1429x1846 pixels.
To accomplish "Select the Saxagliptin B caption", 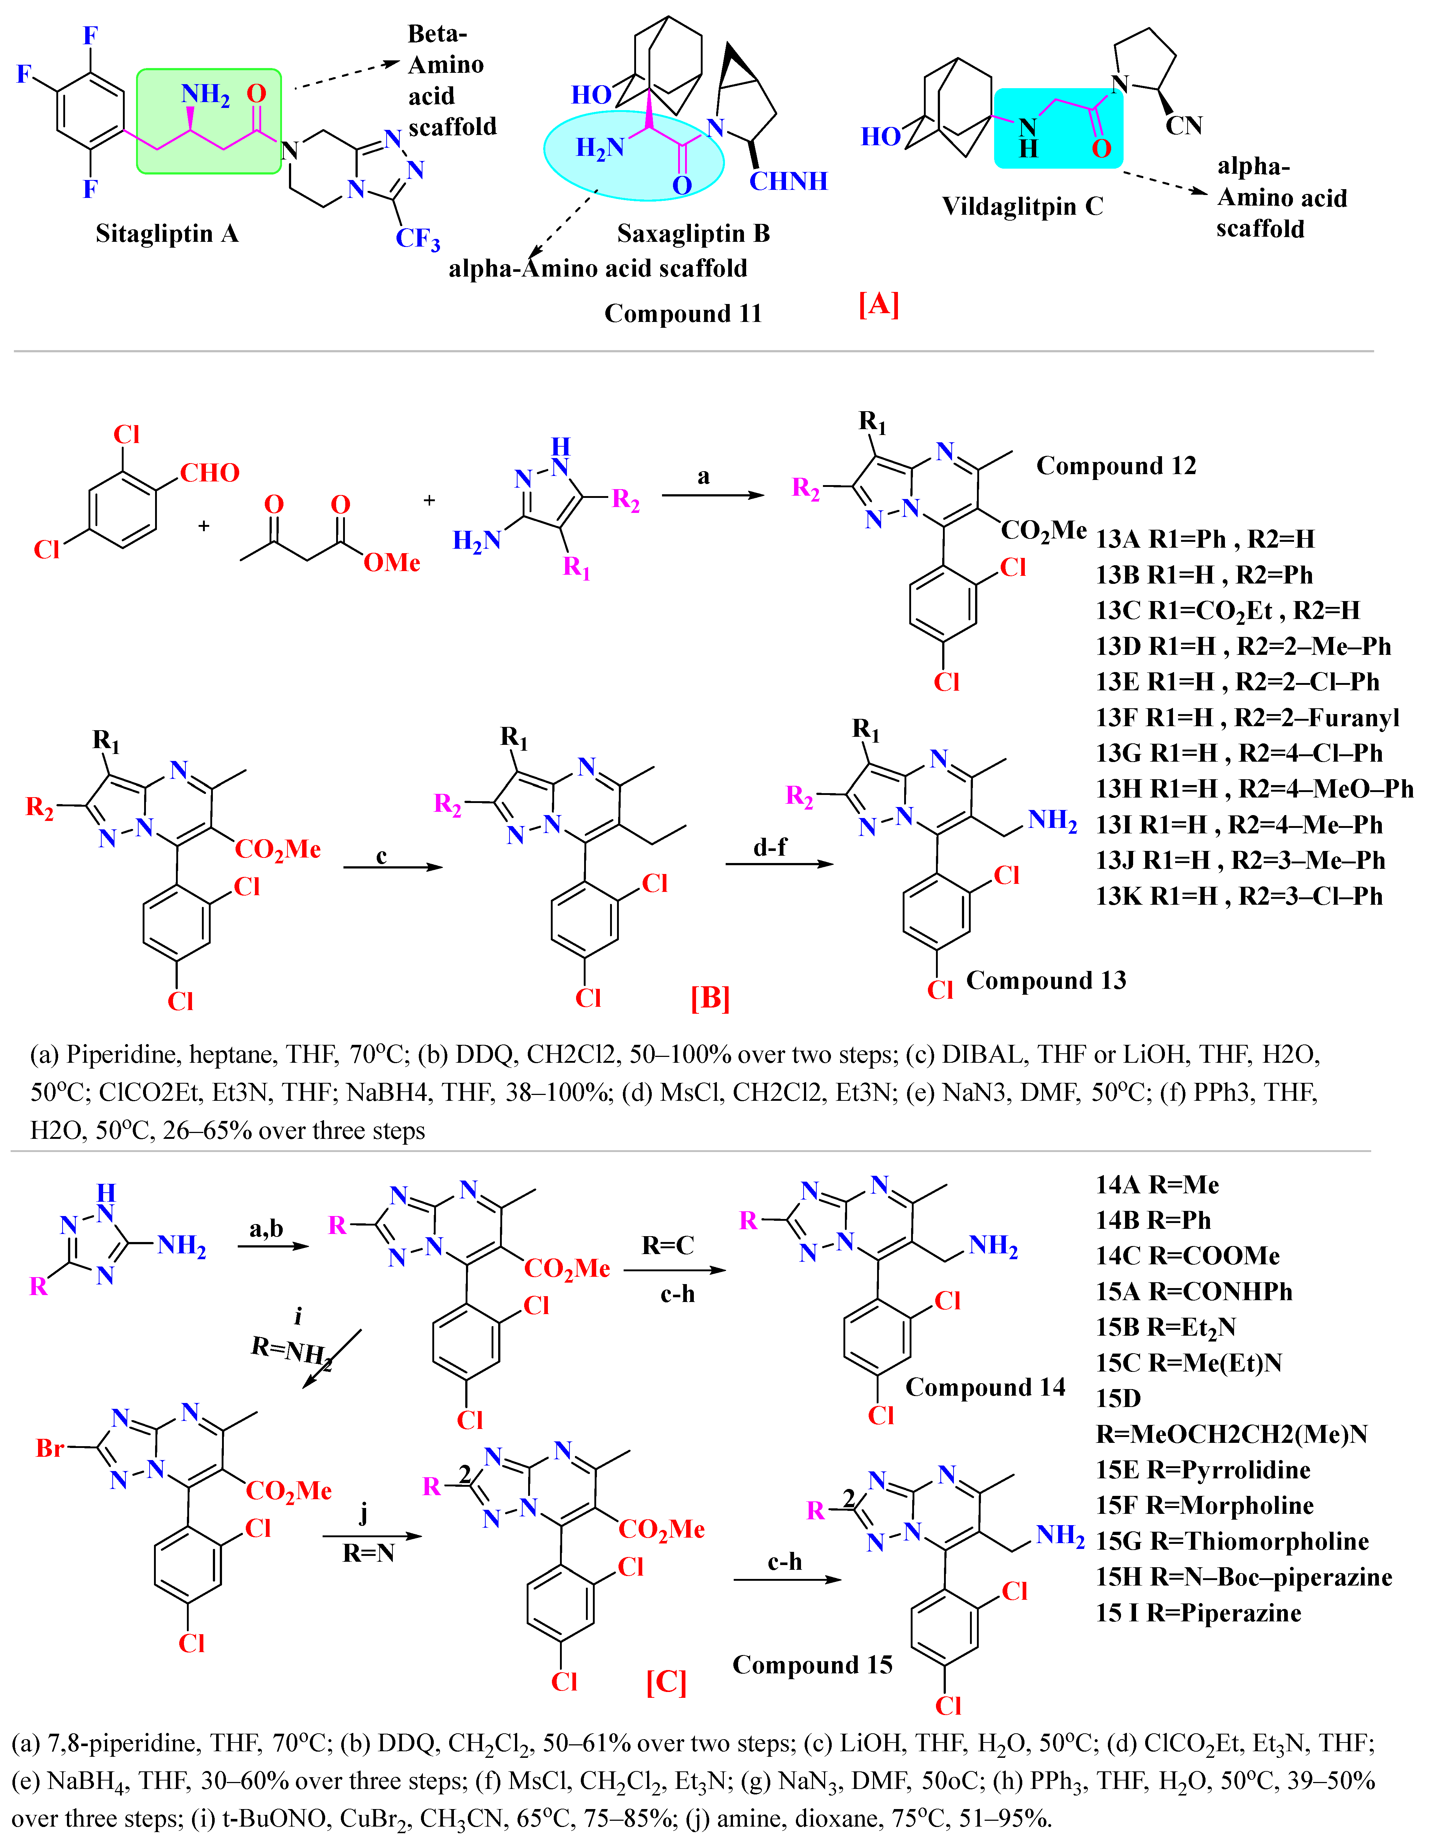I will (x=693, y=233).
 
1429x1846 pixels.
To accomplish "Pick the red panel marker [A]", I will (x=879, y=303).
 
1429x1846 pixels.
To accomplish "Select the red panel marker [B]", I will (x=710, y=997).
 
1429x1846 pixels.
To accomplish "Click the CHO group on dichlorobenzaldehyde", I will (x=210, y=473).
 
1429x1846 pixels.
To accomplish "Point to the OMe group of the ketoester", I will (x=391, y=562).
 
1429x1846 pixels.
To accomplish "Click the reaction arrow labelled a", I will (x=712, y=495).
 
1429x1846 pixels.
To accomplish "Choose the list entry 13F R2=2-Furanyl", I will (x=1247, y=718).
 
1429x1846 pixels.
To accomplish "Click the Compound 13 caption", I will (x=1046, y=980).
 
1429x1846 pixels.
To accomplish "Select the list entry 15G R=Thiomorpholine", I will (x=1232, y=1541).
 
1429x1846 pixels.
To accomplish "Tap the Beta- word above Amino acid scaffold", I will (x=437, y=34).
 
